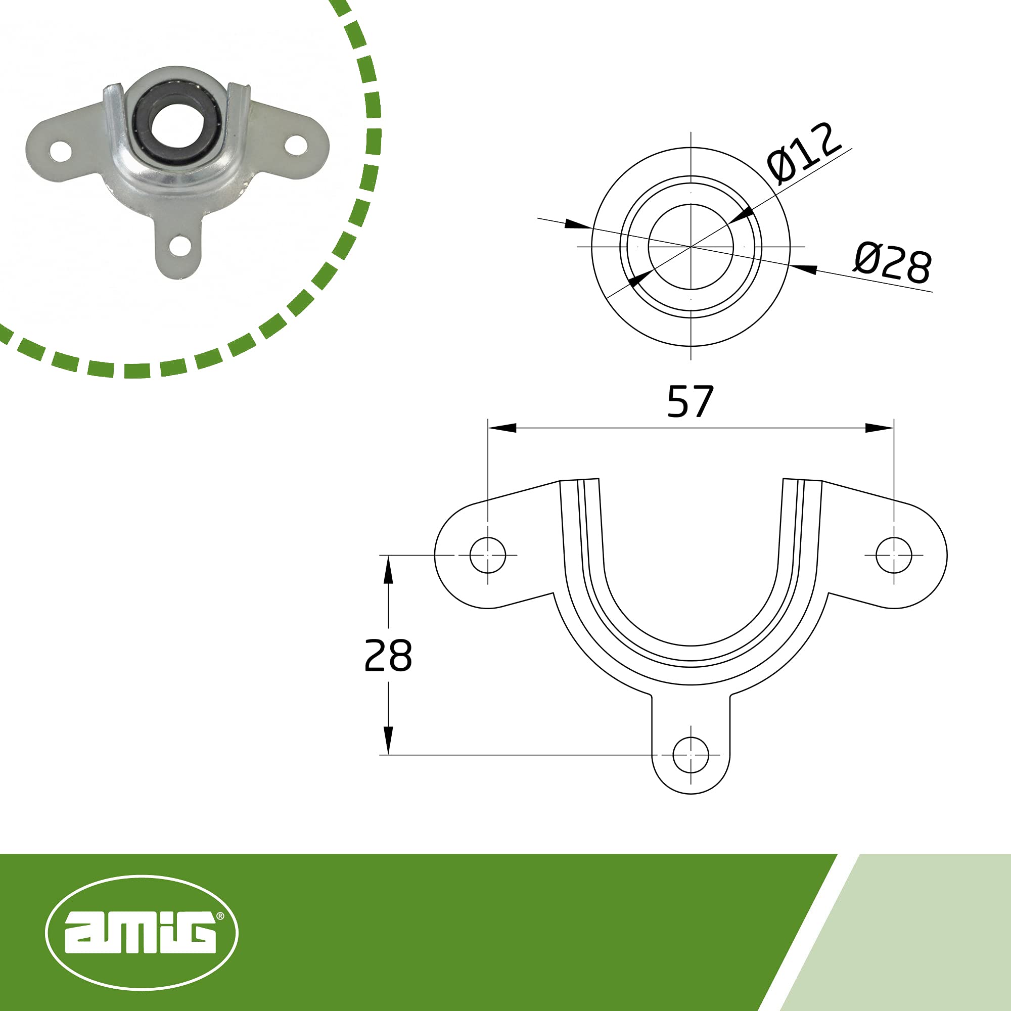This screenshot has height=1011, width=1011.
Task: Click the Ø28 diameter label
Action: click(x=893, y=264)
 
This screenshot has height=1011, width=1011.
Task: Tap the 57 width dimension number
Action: click(x=690, y=402)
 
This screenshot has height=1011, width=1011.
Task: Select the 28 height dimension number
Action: click(x=388, y=655)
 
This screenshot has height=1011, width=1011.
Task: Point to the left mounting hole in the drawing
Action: click(x=488, y=555)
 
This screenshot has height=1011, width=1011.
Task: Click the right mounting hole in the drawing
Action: click(x=894, y=555)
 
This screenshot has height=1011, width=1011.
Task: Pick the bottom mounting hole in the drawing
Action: click(x=691, y=755)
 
